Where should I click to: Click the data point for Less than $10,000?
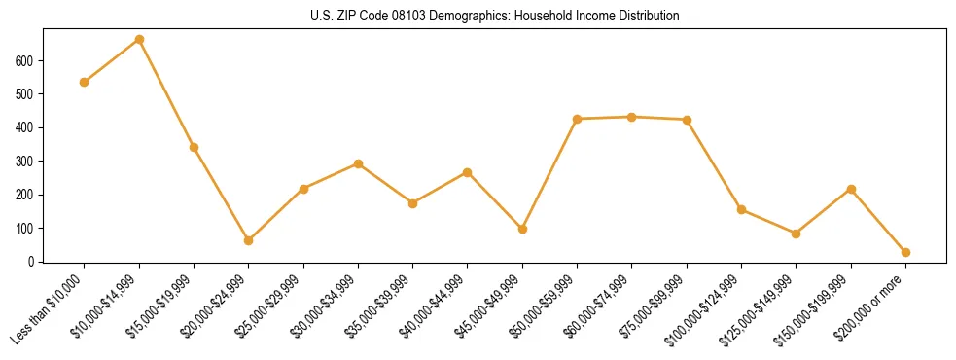pyautogui.click(x=85, y=82)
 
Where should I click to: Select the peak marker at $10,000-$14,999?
pyautogui.click(x=139, y=40)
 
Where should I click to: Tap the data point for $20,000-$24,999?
pyautogui.click(x=249, y=240)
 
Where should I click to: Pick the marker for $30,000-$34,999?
pyautogui.click(x=359, y=163)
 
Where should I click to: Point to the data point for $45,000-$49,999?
pyautogui.click(x=522, y=230)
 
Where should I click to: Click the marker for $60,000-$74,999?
pyautogui.click(x=632, y=117)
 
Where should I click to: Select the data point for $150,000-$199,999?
pyautogui.click(x=851, y=189)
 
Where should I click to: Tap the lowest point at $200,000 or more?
pyautogui.click(x=905, y=252)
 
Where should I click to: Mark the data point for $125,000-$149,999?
pyautogui.click(x=797, y=234)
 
